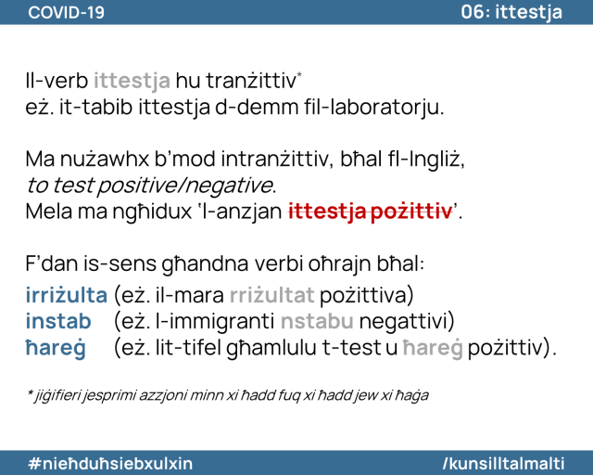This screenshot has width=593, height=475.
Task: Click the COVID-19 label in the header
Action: (66, 12)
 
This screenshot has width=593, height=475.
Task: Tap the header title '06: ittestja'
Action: (511, 12)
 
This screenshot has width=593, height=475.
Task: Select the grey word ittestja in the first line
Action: (132, 81)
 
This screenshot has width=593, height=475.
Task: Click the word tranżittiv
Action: (251, 81)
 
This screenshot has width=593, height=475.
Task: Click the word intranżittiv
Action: (274, 159)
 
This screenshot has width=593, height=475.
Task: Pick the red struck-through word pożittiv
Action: (411, 212)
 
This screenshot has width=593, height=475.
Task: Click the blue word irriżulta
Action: (67, 295)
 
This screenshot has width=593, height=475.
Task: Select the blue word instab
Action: (58, 321)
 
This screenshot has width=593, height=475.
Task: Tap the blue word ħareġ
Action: (56, 348)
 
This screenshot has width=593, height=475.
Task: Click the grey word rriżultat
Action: (271, 295)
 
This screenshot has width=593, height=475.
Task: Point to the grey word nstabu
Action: (317, 321)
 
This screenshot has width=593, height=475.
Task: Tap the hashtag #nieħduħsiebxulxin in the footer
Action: (110, 463)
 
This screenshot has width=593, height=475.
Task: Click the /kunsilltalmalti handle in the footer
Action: (504, 463)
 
